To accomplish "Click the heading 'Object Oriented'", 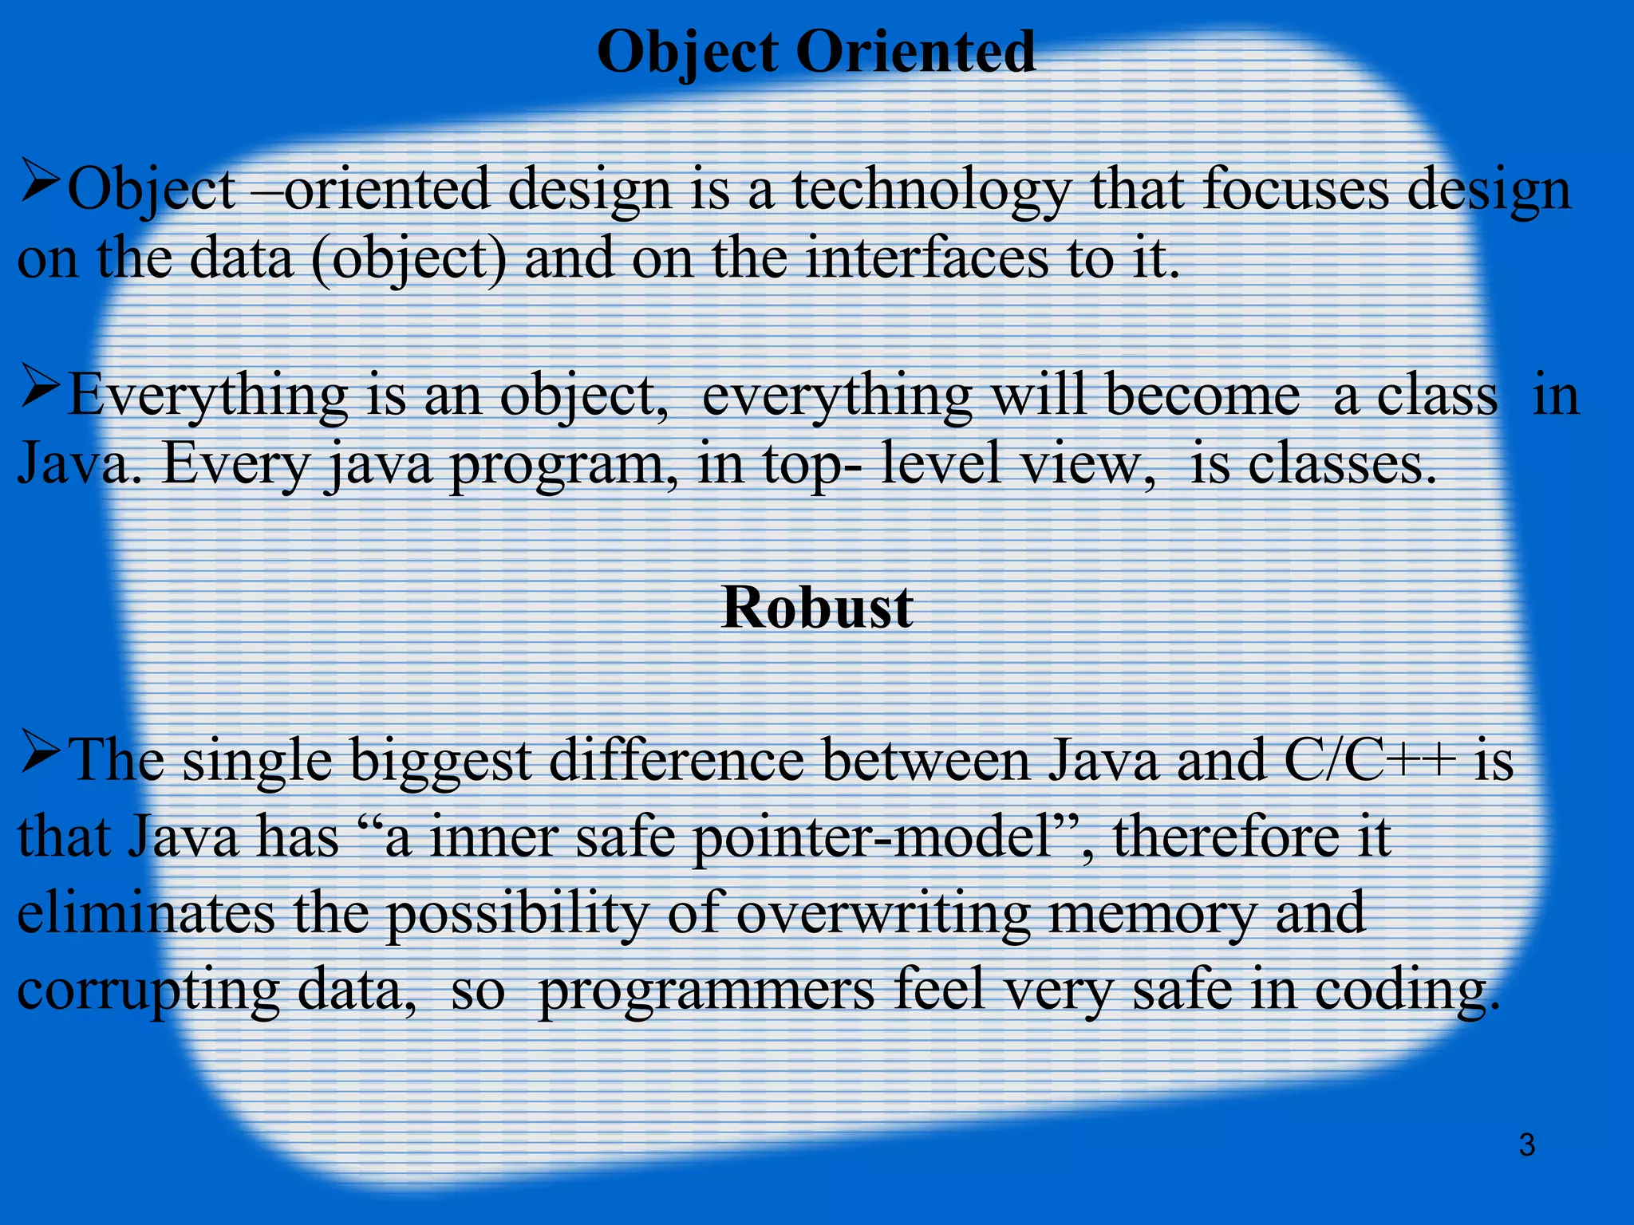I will coord(816,51).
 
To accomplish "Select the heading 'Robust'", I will coord(816,608).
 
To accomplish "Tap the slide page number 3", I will coord(1526,1145).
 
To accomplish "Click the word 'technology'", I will coord(930,191).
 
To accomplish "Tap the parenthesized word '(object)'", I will coord(408,260).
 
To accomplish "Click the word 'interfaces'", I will coord(926,258).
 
